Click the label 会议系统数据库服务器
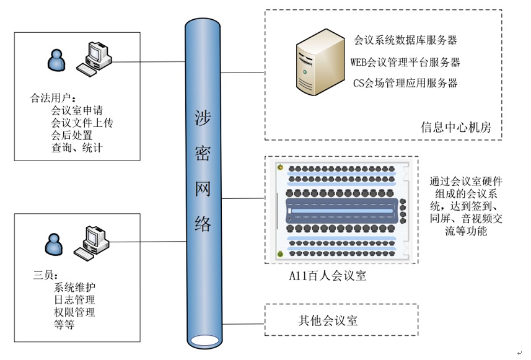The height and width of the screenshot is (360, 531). [405, 41]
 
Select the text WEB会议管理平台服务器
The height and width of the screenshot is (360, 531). [405, 62]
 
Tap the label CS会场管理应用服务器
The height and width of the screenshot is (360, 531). [405, 82]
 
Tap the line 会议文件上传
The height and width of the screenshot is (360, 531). [82, 123]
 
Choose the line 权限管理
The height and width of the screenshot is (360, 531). [75, 312]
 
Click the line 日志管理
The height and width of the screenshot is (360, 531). [75, 300]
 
